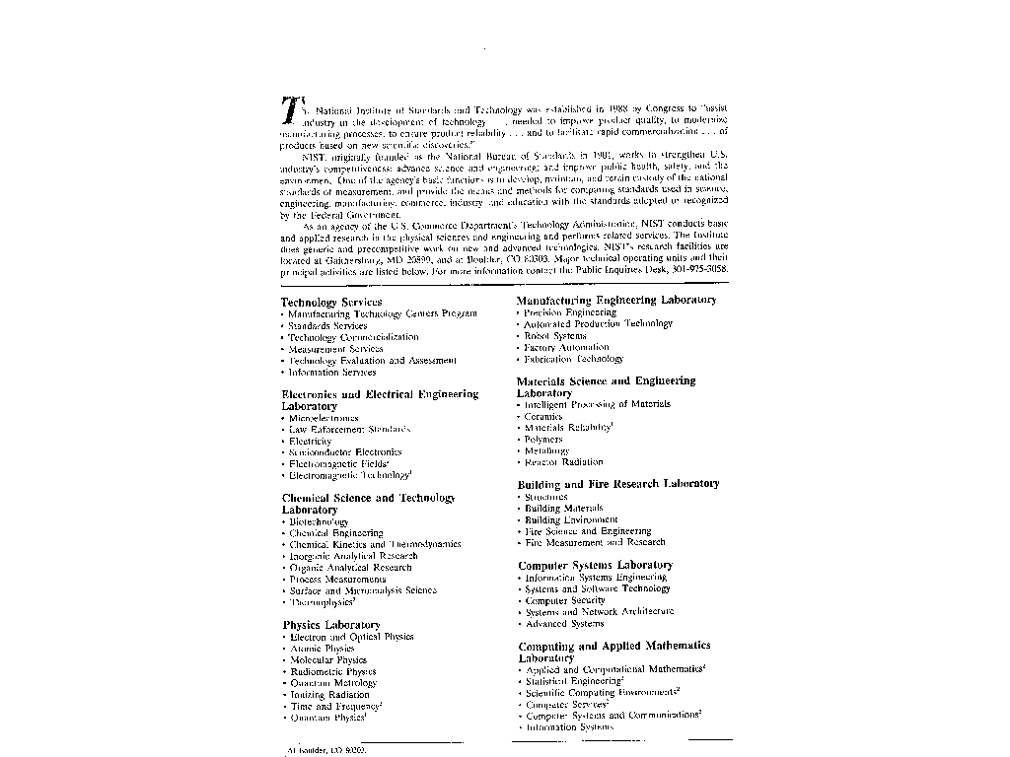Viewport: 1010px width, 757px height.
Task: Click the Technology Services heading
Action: (331, 302)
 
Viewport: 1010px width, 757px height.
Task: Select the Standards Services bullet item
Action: (327, 325)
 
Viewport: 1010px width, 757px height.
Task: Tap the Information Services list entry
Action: (332, 373)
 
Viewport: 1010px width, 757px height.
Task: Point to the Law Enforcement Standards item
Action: (349, 430)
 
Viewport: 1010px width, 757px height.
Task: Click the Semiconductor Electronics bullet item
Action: (345, 452)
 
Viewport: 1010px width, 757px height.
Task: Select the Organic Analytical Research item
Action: (350, 568)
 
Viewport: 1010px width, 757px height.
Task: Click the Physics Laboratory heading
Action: (330, 625)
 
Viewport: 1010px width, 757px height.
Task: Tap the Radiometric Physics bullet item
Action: (332, 671)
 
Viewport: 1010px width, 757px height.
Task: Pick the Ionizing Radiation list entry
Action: (329, 695)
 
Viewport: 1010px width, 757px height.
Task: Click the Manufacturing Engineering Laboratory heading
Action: (616, 300)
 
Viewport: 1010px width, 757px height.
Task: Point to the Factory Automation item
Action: (566, 348)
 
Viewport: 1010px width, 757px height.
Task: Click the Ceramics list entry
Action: (543, 417)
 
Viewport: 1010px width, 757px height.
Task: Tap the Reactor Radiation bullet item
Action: (563, 462)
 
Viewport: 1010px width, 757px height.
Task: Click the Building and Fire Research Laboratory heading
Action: (618, 484)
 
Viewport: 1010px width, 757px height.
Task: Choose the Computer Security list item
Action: (565, 600)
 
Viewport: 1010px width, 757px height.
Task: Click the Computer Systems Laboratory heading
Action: (595, 565)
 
